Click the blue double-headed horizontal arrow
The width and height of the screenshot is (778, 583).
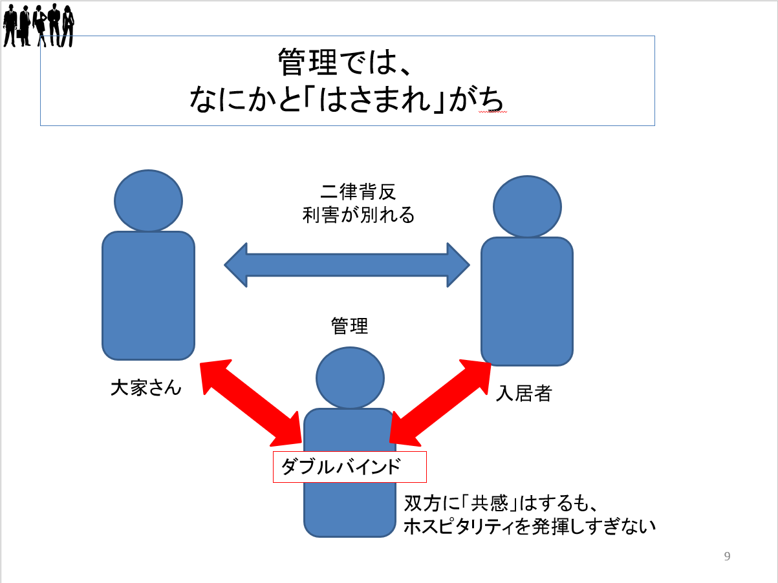pos(347,265)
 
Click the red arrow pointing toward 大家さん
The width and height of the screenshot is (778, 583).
pos(251,403)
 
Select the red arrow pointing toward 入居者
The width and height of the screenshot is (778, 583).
pos(440,403)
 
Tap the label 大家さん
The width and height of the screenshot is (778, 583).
pos(146,388)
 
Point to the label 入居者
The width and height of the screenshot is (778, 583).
pos(523,393)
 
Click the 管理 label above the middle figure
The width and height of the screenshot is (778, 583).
pos(349,326)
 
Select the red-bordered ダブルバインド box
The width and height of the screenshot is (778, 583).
pos(349,467)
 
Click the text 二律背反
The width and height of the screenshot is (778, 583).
pos(358,191)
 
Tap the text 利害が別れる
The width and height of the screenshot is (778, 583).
pos(358,215)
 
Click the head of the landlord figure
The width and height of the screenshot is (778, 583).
pos(149,201)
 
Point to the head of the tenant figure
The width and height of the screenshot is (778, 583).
pos(528,206)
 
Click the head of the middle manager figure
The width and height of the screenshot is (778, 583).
pos(350,378)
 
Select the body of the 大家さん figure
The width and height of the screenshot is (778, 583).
pos(149,296)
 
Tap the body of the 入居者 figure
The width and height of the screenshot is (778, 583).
pos(527,301)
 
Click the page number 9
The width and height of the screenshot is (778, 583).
pos(727,556)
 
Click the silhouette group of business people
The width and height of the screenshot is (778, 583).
pos(38,25)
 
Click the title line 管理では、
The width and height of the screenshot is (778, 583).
pos(345,62)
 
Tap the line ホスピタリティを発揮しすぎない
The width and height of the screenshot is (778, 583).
pos(530,527)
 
